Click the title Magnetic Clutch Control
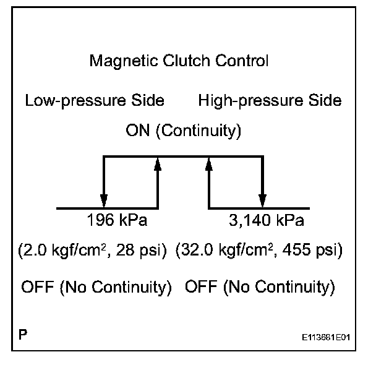179,61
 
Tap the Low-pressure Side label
95,100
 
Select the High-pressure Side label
270,100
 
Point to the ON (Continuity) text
183,131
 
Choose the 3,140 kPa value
267,221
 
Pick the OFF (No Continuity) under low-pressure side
96,287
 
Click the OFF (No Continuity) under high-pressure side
260,287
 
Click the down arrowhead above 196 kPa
104,201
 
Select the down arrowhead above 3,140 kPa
263,201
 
